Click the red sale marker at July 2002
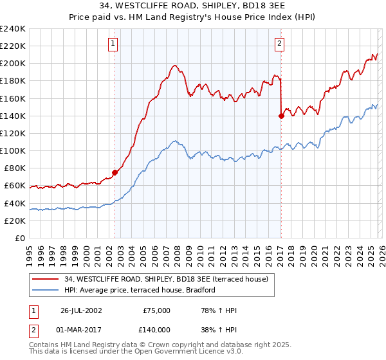click(115, 172)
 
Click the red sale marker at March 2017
click(281, 116)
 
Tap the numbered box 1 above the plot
click(113, 44)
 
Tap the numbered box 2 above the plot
click(280, 44)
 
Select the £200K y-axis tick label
click(12, 63)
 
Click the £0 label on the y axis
click(19, 238)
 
